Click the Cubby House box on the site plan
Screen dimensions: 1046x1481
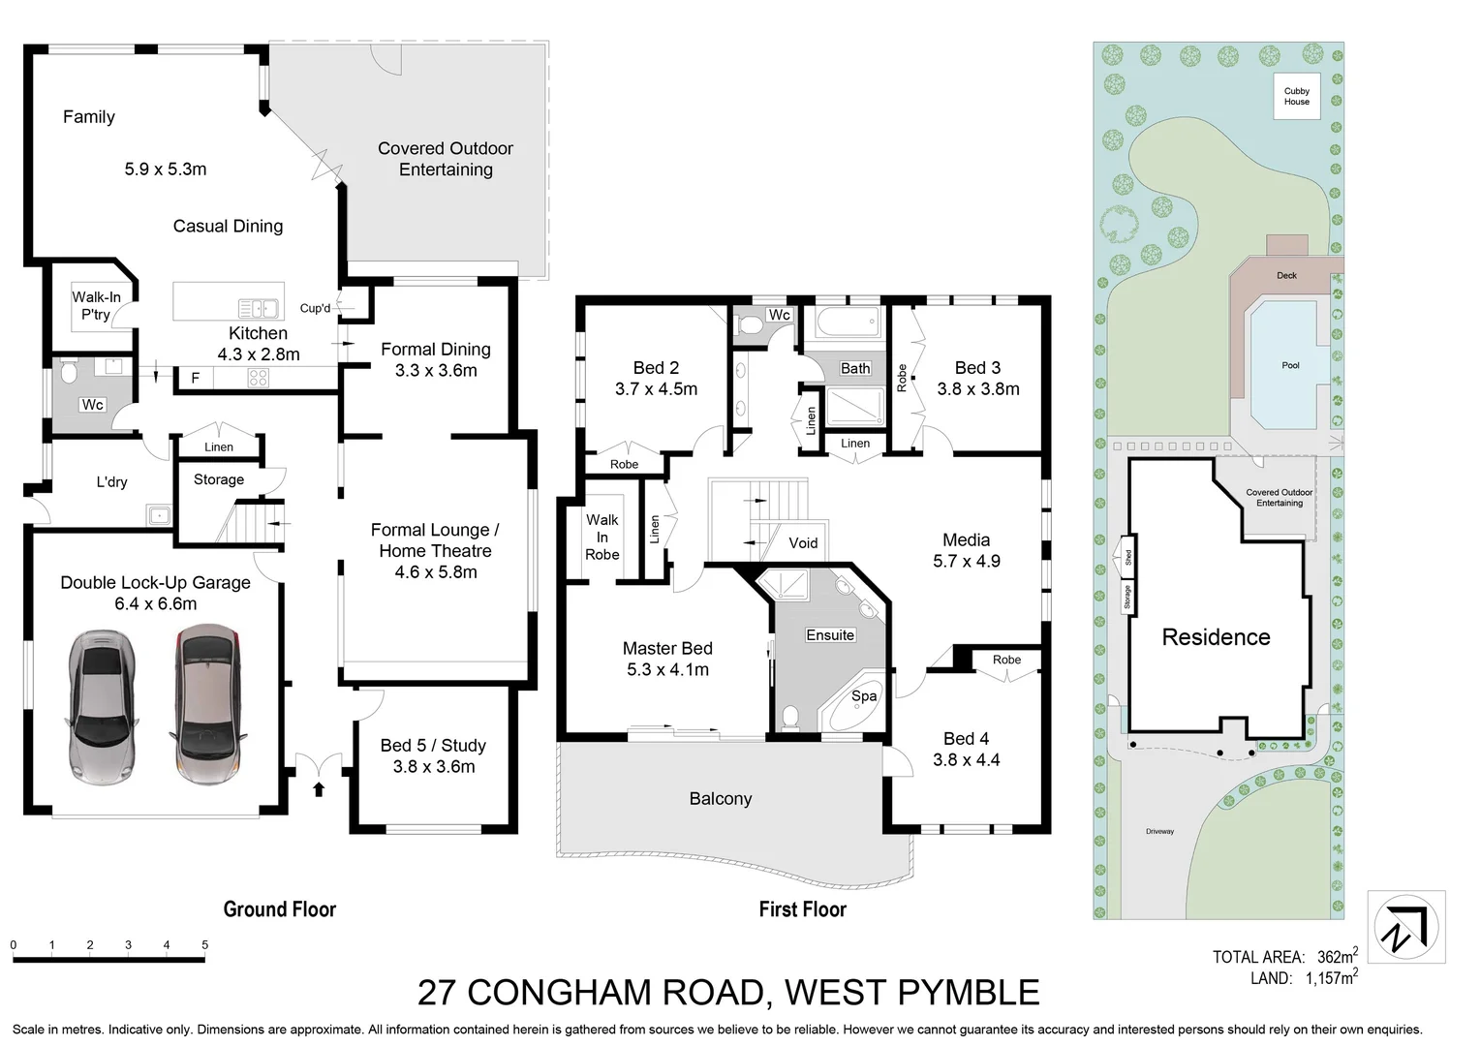pos(1296,96)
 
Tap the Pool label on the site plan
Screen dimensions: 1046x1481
pos(1290,365)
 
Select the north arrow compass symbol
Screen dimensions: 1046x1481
pos(1405,927)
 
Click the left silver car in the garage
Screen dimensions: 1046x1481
pos(101,695)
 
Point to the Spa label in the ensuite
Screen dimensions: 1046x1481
pos(864,695)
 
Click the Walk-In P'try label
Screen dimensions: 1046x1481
pos(96,305)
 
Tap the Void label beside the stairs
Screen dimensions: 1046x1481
pos(803,542)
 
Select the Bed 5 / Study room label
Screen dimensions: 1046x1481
pos(433,745)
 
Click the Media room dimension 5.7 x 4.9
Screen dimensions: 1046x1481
pos(966,561)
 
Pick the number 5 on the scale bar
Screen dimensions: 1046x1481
pos(204,944)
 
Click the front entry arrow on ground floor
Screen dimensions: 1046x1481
pos(319,789)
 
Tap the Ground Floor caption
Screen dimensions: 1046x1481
pos(279,908)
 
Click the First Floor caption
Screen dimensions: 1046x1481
pos(802,908)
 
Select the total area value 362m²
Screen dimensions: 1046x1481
pos(1337,956)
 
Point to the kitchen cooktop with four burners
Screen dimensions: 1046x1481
pos(258,379)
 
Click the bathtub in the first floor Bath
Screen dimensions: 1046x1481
pos(847,323)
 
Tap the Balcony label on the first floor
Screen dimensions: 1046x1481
pos(720,798)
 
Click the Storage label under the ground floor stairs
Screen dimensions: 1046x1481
pos(218,479)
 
